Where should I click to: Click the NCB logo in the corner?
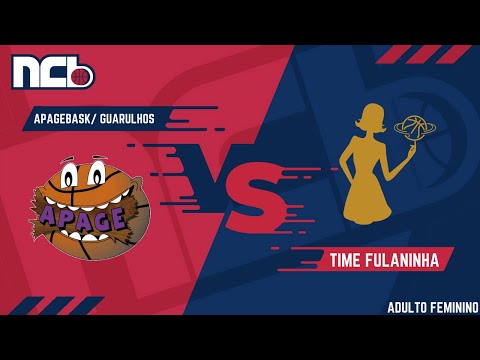point(52,73)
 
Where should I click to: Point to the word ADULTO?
point(407,308)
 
